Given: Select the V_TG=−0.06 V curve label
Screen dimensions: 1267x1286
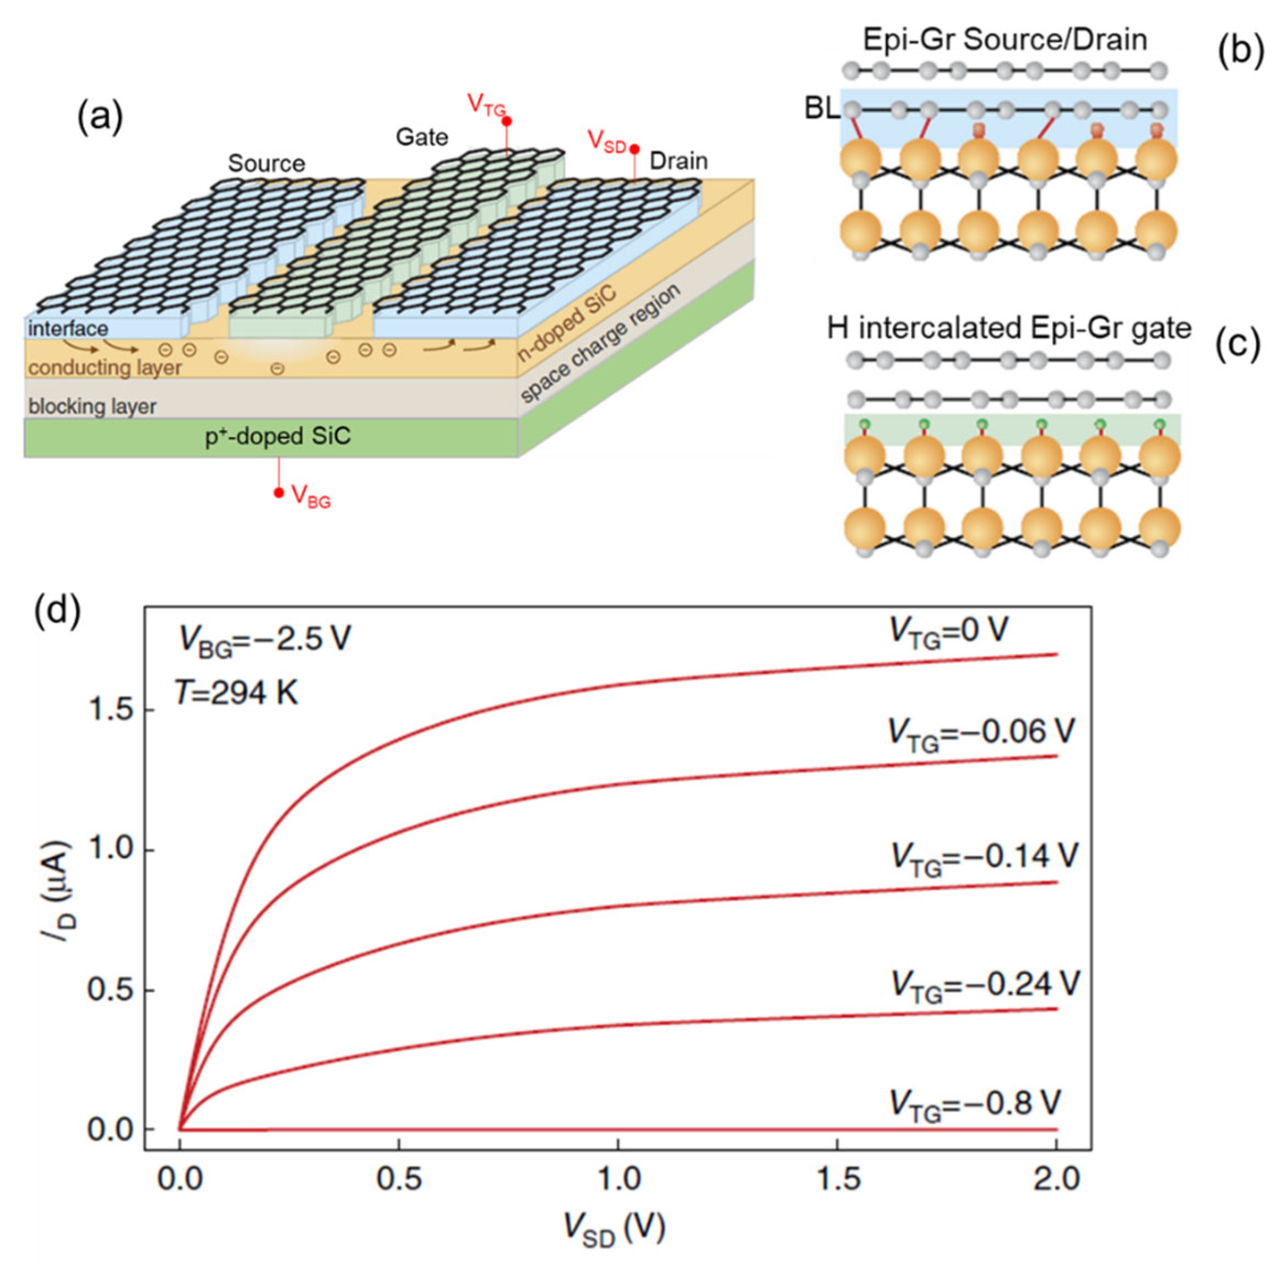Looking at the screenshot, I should pos(981,733).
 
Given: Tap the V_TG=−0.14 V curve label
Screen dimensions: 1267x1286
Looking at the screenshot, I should pos(983,858).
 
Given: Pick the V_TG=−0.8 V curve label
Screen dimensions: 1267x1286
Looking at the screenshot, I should pos(975,1105).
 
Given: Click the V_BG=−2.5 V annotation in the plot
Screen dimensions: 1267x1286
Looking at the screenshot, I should pos(264,640).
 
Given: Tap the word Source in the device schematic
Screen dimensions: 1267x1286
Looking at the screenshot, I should pos(266,164).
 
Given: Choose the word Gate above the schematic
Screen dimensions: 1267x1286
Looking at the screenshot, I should pos(422,137).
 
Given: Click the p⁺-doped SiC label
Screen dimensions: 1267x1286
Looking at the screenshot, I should pos(278,436).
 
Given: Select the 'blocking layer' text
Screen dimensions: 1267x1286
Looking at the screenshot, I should pos(93,406).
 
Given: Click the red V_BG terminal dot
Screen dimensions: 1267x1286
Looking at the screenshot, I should pos(279,492).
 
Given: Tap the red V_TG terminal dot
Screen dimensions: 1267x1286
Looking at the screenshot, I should pos(506,121).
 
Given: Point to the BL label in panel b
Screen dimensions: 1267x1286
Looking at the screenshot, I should pos(822,109).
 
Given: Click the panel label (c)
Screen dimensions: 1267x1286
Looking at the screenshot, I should pos(1238,345).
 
